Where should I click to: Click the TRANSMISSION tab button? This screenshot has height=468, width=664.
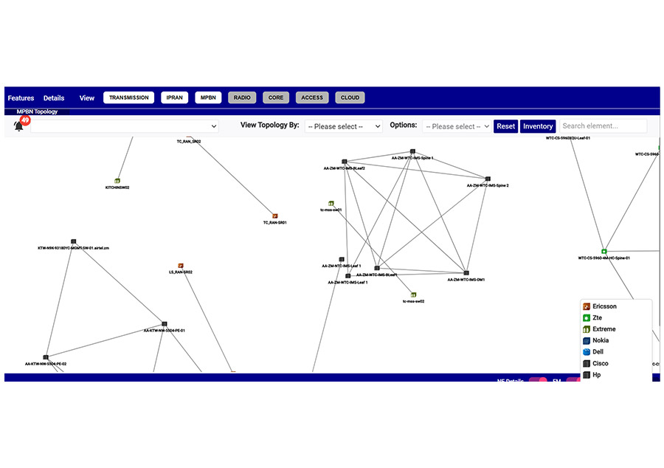pos(128,97)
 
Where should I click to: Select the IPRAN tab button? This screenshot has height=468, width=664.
pos(176,97)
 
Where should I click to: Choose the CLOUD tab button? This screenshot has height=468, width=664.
pos(350,97)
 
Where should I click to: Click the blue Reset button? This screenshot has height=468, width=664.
pos(505,126)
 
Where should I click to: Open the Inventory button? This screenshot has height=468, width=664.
pos(538,126)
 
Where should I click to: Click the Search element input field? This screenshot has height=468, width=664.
pos(603,126)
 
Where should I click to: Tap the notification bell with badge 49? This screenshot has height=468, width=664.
pos(19,125)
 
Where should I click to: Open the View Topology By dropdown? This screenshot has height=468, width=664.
pos(344,126)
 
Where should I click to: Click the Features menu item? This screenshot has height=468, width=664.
pos(21,97)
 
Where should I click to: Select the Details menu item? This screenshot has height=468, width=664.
pos(54,97)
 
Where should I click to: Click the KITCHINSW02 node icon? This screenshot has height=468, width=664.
pos(117,181)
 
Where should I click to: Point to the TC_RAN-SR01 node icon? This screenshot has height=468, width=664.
pos(275,216)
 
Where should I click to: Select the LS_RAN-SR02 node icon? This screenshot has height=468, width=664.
pos(180,266)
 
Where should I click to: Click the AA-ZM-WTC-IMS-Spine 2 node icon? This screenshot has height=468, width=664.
pos(488,179)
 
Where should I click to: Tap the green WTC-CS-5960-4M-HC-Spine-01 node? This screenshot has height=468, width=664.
pos(604,252)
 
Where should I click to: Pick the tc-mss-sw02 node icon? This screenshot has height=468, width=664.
pos(413,295)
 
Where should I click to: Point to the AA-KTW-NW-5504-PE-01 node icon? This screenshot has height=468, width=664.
pos(165,324)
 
